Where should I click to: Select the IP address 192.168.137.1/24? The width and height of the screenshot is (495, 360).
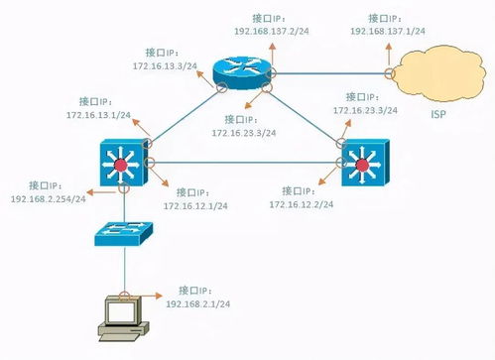(x=388, y=32)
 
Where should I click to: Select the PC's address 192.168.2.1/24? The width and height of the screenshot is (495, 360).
(x=199, y=302)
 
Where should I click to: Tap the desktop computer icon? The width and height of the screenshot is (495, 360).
(x=124, y=317)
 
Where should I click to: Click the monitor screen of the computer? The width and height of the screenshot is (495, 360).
(x=123, y=311)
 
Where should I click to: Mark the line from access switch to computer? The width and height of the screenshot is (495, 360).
(x=124, y=270)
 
